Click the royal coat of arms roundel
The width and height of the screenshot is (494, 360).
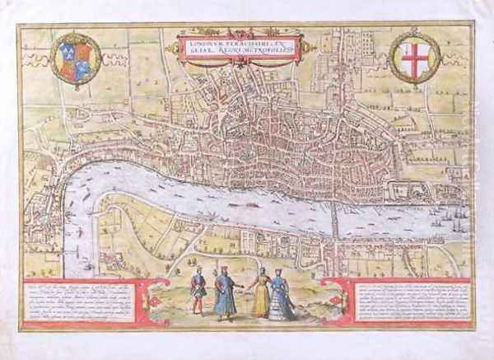75,60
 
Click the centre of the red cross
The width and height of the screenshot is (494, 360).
414,57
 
